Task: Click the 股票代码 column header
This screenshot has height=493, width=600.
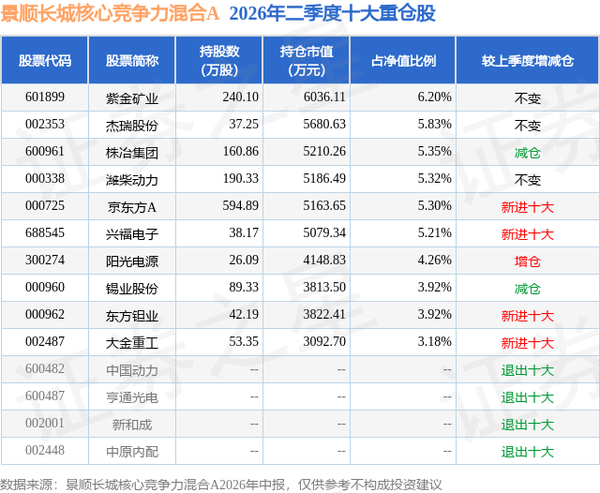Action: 45,60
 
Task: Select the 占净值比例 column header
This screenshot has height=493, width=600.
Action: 403,60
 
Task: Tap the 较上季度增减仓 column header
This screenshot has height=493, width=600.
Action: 528,60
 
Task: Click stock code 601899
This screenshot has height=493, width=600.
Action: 45,97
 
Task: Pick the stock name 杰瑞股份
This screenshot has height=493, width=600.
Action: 132,126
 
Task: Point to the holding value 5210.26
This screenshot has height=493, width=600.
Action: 324,151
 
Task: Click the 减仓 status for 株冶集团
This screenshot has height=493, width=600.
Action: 528,153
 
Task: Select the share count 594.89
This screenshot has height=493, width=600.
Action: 241,205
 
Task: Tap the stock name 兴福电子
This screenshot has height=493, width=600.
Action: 132,234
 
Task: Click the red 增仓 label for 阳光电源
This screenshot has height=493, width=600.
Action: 528,261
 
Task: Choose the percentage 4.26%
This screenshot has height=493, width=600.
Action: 435,260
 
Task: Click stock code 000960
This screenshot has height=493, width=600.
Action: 45,287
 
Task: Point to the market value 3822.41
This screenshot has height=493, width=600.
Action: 324,314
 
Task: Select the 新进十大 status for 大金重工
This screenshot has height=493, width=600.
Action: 528,343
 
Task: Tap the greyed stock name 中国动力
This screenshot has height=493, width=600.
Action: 132,370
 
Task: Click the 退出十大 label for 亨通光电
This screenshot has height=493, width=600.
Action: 528,397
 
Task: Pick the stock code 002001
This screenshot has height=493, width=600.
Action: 45,423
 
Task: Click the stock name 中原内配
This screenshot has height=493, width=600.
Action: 132,452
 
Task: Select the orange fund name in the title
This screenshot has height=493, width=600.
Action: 110,13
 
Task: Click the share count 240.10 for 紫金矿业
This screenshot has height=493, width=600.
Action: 241,97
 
